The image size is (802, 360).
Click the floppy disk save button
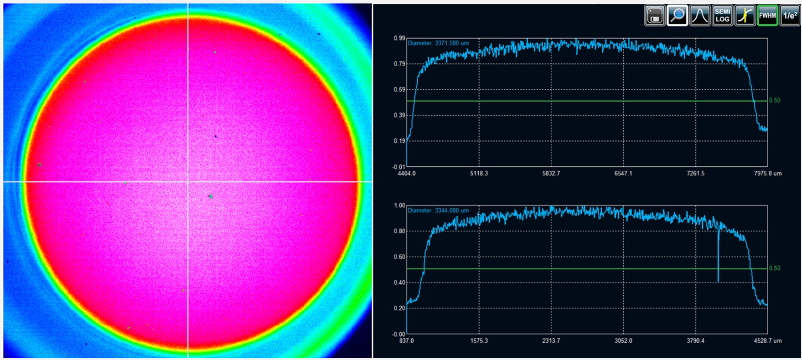pos(655,16)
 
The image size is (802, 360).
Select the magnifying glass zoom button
pos(677,16)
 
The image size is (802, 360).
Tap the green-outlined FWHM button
pos(767,16)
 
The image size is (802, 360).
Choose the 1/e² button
pos(790,16)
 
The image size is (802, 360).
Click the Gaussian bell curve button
pos(700,16)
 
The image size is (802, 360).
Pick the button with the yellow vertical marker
pos(745,16)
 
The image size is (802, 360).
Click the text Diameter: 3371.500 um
pos(438,43)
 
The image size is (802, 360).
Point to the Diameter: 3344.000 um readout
pos(438,211)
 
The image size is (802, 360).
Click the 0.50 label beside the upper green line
pos(774,100)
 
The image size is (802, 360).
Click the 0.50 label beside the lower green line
pos(774,268)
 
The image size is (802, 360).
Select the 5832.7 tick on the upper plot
pos(551,174)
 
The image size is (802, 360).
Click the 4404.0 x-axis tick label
pos(407,174)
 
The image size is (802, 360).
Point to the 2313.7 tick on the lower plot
pos(551,341)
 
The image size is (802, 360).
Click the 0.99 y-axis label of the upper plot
pos(399,38)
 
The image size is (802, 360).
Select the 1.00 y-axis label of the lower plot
pos(399,206)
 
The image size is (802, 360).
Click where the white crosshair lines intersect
pos(188,182)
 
